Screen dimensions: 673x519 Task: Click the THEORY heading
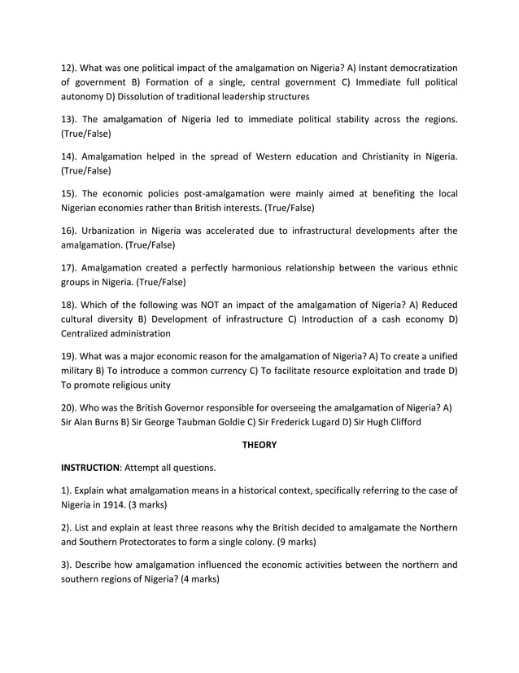pos(259,445)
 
